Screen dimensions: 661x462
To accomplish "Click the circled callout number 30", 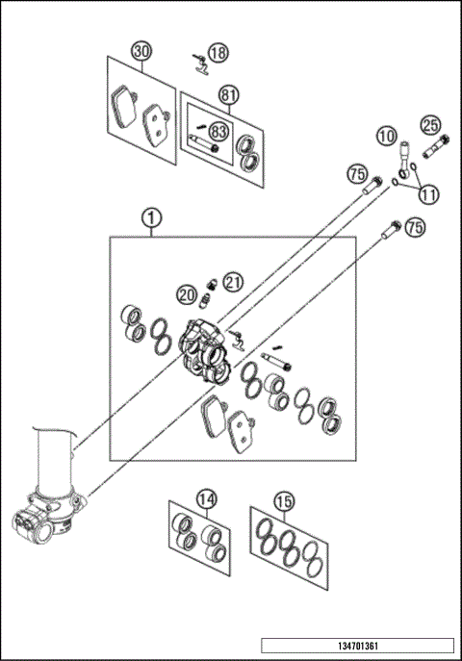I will pos(142,51).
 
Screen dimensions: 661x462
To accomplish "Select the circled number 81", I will pos(228,95).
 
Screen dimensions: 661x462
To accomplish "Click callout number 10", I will pos(386,138).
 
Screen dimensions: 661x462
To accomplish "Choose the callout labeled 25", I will pos(430,125).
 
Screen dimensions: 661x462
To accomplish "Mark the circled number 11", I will pos(428,193).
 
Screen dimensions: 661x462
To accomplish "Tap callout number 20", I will pos(187,294).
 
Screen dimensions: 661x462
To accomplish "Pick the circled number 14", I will pos(205,499).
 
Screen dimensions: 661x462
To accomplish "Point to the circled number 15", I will pos(283,500).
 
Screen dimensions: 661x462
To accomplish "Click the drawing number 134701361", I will pos(357,646).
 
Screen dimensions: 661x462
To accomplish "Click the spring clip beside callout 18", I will pos(200,65).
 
